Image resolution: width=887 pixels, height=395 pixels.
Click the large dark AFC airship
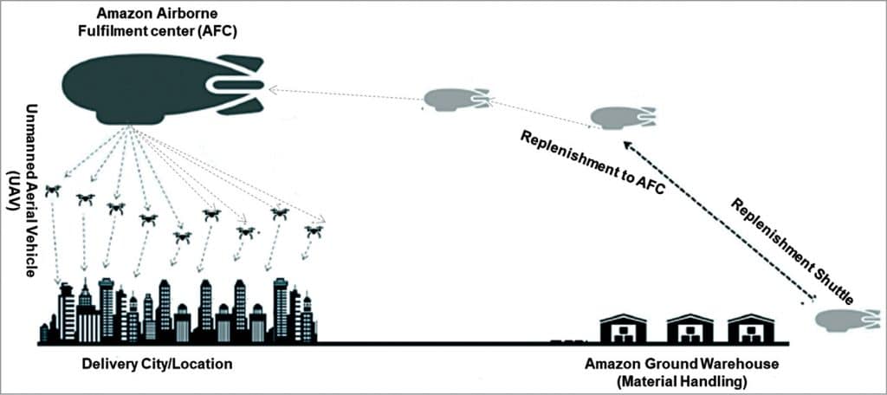tap(139, 84)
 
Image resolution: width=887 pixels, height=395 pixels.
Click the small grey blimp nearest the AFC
tap(455, 100)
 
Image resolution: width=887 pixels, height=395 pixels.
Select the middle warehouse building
tap(690, 328)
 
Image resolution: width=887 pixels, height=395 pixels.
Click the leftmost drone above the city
tap(53, 190)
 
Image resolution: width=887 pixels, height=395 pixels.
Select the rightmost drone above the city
tap(314, 231)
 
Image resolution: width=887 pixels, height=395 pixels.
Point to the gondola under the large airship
tap(130, 118)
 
